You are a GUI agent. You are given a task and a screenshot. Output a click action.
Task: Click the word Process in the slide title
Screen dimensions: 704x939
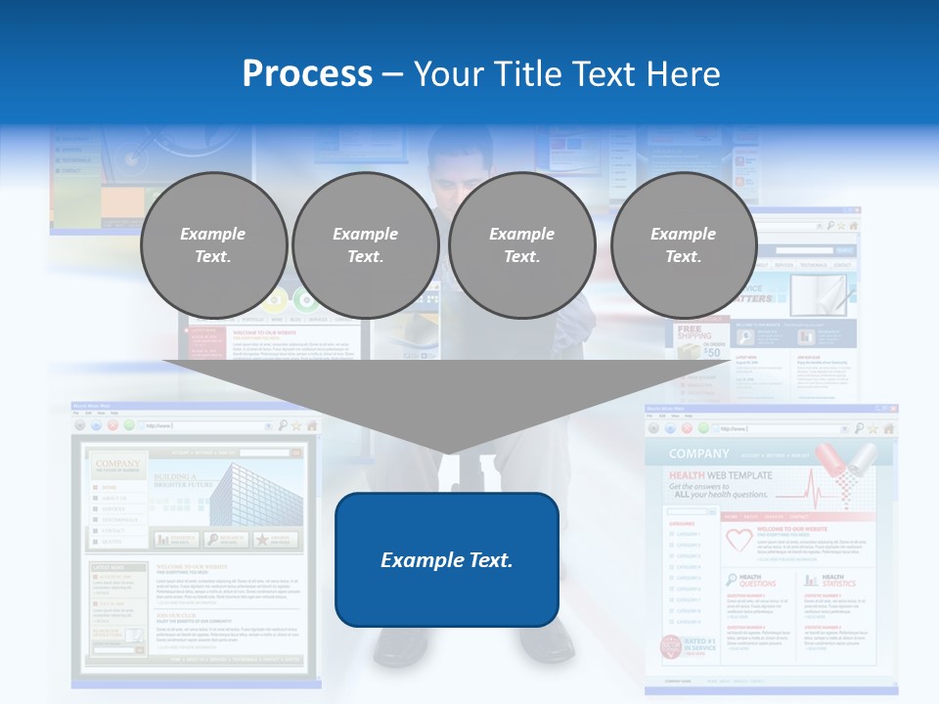pos(307,74)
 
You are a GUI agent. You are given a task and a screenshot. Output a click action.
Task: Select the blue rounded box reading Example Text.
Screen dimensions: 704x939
pos(447,559)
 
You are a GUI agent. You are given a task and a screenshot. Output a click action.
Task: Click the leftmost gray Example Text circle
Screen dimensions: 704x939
pos(213,244)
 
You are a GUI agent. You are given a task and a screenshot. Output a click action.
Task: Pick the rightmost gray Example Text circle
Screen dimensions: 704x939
pos(684,244)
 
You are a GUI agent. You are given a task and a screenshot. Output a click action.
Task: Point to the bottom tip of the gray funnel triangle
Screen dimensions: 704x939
pos(448,454)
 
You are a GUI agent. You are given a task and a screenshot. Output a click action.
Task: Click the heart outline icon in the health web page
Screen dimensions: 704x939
pos(738,540)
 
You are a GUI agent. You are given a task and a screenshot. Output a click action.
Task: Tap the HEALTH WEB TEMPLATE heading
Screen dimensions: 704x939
pos(720,475)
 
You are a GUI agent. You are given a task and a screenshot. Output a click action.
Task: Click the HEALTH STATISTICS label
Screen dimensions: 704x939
pos(838,581)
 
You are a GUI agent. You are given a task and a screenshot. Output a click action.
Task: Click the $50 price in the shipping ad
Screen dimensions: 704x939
pos(711,352)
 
